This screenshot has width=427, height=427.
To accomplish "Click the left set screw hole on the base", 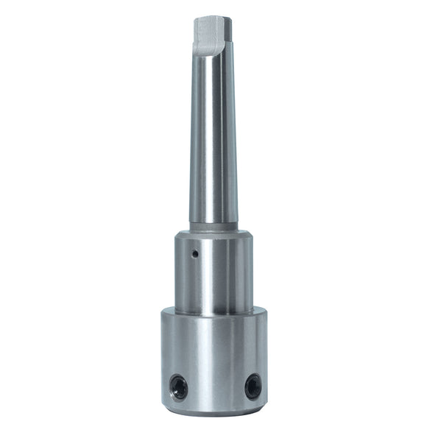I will point(178,385).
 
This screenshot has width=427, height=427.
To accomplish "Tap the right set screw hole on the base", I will point(253,385).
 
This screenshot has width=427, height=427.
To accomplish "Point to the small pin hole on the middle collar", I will point(194,255).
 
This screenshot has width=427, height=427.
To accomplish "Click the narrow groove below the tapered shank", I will point(213,226).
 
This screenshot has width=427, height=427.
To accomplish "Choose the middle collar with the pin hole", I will point(213,269).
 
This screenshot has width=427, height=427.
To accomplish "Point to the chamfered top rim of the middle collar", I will point(213,234).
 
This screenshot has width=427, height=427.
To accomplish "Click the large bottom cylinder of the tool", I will point(213,361).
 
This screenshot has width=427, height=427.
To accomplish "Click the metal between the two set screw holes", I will point(215,386).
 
